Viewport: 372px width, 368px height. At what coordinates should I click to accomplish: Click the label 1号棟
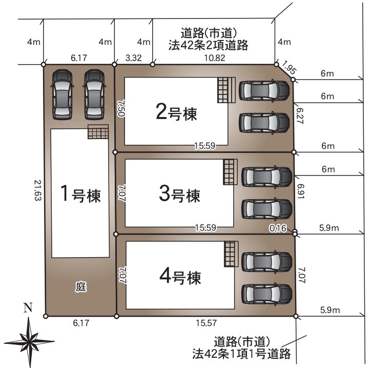[80, 195]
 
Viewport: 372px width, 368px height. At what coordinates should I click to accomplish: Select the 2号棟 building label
[176, 112]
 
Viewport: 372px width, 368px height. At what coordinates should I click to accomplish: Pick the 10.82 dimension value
[214, 58]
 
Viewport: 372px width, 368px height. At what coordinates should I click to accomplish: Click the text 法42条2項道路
[209, 45]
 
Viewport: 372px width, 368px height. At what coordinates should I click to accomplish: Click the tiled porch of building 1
[98, 132]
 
